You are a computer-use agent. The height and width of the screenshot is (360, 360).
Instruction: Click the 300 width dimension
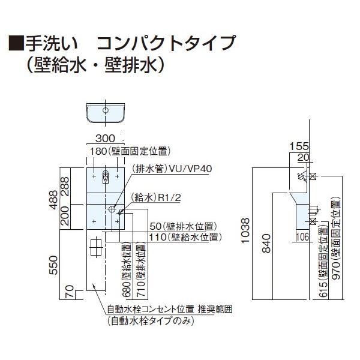coord(105,138)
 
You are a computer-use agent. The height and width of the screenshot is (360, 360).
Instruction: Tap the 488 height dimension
coord(54,200)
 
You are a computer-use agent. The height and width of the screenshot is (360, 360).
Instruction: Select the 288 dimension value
coord(65,186)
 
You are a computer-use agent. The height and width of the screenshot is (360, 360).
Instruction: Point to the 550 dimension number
coord(54,265)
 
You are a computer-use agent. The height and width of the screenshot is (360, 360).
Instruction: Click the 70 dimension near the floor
coord(70,291)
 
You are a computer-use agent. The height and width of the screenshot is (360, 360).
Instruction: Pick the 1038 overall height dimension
coord(245,230)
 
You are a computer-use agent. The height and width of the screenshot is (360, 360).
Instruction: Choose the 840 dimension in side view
coord(266,244)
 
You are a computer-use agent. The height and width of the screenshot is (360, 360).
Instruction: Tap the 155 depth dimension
coord(299,146)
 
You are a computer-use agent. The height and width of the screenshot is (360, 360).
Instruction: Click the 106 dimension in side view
coord(303,237)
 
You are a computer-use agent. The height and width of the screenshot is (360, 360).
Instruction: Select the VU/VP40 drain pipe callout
coord(190,169)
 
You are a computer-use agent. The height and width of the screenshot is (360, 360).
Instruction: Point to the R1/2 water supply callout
coord(170,197)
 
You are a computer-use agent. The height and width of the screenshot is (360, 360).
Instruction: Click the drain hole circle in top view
coord(106,110)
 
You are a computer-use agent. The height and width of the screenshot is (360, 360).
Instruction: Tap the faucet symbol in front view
coord(105,177)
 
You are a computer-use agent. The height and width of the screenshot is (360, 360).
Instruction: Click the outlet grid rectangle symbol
coord(95,247)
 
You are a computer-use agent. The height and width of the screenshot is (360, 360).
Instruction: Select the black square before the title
coord(16,43)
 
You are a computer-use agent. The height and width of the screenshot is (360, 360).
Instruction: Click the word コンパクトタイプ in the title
coord(166,43)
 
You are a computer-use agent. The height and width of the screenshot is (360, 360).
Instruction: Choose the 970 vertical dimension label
coord(337,271)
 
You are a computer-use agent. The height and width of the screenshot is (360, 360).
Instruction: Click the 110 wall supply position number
coord(158,237)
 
